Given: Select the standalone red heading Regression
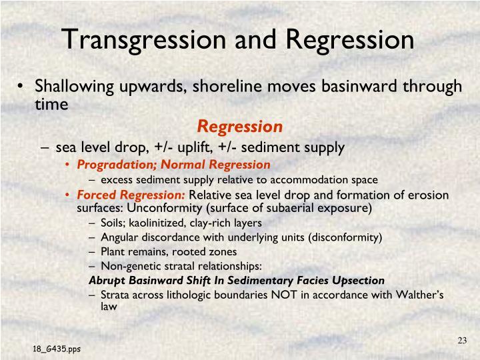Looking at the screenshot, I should [x=239, y=126].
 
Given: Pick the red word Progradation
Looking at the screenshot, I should [x=111, y=164].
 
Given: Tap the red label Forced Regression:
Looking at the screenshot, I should [x=132, y=195].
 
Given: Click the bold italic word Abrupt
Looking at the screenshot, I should [x=107, y=280].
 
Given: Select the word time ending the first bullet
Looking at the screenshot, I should [x=52, y=105].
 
